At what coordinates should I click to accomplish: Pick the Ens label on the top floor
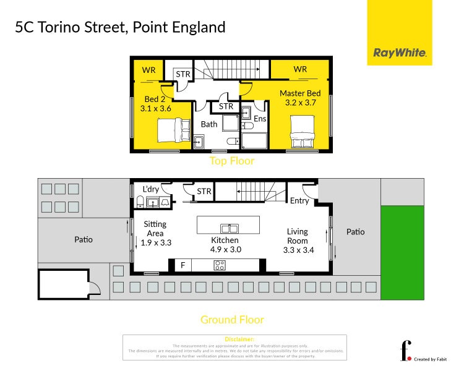[x=260, y=118]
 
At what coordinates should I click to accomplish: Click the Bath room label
[x=209, y=124]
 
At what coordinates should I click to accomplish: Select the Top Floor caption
[x=232, y=161]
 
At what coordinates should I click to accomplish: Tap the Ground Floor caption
[x=232, y=320]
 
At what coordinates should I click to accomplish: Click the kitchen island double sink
[x=228, y=228]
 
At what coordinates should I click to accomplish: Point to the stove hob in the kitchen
[x=220, y=266]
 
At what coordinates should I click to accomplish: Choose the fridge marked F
[x=183, y=266]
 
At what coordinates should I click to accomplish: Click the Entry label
[x=299, y=200]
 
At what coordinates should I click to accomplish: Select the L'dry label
[x=151, y=189]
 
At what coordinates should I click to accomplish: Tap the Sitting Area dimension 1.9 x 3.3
[x=155, y=242]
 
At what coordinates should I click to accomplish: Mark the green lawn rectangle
[x=402, y=253]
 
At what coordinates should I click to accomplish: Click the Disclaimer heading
[x=235, y=339]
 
